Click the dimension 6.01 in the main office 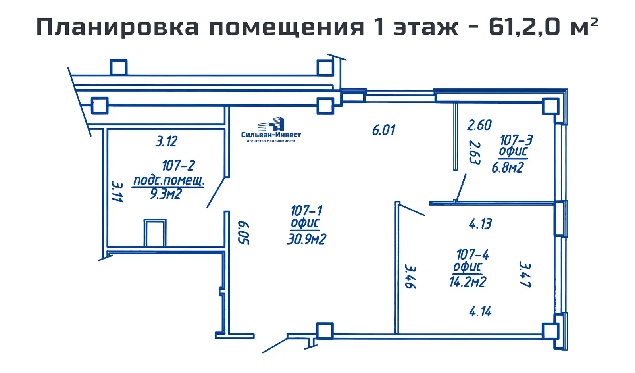pos(383,130)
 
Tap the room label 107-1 pos(306,210)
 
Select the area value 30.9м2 pos(306,239)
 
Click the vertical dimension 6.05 pos(243,233)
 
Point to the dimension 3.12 pos(166,141)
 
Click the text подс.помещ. pos(168,180)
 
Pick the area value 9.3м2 pos(166,194)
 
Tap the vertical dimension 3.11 pos(117,192)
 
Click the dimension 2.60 pos(479,125)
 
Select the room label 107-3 pos(516,140)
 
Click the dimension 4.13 pos(480,224)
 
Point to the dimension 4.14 pos(480,311)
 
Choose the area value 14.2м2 pos(468,282)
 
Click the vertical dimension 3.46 pos(410,277)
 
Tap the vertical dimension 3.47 pos(525,274)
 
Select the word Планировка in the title pos(117,27)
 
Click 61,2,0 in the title pos(524,27)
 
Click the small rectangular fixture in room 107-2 pos(155,233)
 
